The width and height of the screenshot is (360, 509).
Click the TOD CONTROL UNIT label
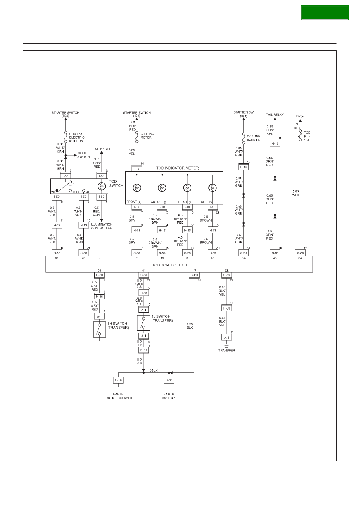tap(170, 265)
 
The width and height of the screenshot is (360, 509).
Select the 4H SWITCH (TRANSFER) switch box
tap(99, 329)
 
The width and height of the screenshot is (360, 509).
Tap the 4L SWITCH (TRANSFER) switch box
tap(144, 323)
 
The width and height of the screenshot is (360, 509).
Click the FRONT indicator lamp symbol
tap(137, 188)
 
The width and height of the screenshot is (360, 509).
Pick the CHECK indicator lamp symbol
tap(212, 188)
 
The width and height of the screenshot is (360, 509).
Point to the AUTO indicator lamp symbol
tap(162, 188)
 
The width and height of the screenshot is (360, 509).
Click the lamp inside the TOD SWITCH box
tap(102, 186)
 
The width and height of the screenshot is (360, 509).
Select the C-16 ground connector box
tap(118, 380)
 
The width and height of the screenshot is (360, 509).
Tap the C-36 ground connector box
tap(169, 380)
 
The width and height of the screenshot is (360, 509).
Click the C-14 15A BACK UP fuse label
tap(254, 138)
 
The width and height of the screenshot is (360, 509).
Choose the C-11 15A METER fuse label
tap(147, 136)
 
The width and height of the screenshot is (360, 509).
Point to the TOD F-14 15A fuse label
tap(307, 136)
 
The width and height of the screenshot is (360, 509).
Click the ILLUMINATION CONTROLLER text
tap(102, 226)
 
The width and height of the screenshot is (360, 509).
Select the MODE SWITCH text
tap(83, 155)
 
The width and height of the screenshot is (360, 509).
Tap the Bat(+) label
tap(300, 116)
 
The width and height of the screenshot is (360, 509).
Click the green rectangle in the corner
tap(325, 13)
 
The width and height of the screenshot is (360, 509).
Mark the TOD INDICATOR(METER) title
tap(178, 168)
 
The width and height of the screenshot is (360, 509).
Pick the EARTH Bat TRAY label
tap(169, 396)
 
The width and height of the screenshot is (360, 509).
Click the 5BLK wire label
tap(154, 370)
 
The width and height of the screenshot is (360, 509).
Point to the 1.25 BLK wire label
tap(190, 326)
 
